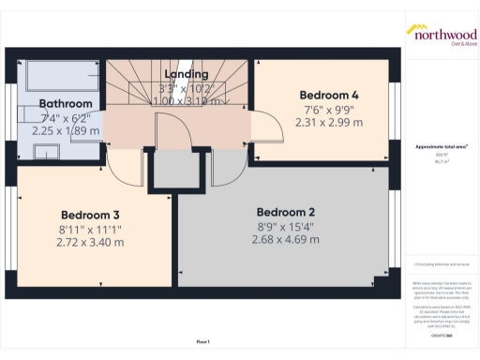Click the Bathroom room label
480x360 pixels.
pyautogui.click(x=66, y=103)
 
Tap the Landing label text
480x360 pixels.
pyautogui.click(x=186, y=74)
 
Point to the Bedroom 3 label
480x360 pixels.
pyautogui.click(x=91, y=213)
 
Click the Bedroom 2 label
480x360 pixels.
pyautogui.click(x=285, y=211)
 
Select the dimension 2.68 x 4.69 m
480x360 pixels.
pyautogui.click(x=285, y=239)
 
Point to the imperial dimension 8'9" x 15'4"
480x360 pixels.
pyautogui.click(x=285, y=225)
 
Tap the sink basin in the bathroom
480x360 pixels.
pyautogui.click(x=46, y=152)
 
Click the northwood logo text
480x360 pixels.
pyautogui.click(x=441, y=31)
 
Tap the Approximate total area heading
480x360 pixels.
pyautogui.click(x=441, y=146)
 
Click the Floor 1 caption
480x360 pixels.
pyautogui.click(x=202, y=340)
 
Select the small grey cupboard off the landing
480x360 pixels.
pyautogui.click(x=173, y=171)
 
